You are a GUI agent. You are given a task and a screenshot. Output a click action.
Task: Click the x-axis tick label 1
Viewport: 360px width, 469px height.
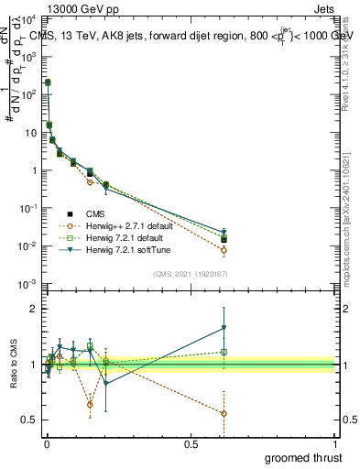click(335, 444)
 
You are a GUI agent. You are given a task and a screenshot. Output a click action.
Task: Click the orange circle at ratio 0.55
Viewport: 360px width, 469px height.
click(224, 414)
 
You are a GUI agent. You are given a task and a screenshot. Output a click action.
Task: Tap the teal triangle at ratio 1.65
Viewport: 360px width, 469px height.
click(224, 328)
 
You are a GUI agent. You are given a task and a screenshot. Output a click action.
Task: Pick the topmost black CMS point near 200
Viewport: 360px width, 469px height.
click(48, 82)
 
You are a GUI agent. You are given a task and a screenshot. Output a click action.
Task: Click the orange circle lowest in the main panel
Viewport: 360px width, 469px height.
click(224, 250)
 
